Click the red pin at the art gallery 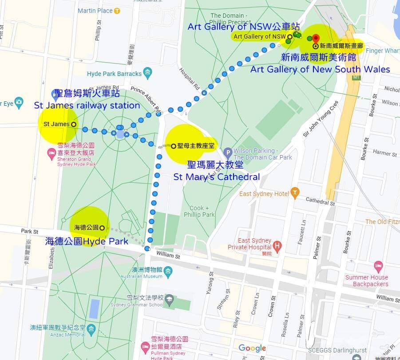click(316, 39)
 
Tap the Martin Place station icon click(117, 11)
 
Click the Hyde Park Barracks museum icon click(149, 72)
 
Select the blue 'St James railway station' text click(87, 105)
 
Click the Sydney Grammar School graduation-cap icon click(169, 302)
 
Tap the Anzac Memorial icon click(91, 329)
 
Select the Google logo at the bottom click(252, 348)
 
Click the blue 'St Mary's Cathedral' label click(216, 177)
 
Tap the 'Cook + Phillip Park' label click(202, 211)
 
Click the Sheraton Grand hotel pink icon click(52, 154)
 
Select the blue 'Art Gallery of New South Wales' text click(320, 69)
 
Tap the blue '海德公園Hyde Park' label click(87, 241)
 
